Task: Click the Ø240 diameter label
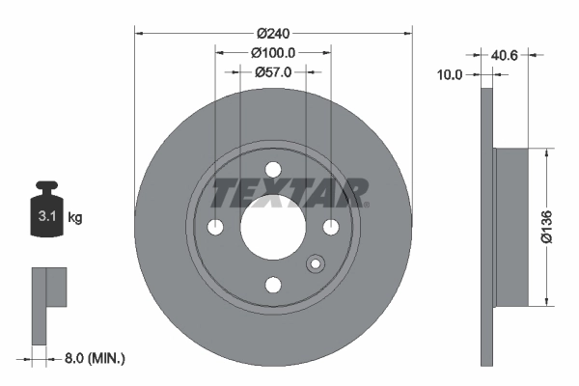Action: [273, 31]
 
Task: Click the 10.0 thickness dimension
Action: [451, 73]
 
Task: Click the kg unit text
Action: [75, 218]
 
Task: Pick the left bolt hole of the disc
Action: [215, 227]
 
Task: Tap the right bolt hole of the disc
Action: [331, 227]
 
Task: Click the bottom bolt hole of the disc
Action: [273, 285]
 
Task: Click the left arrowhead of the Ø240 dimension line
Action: [138, 32]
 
